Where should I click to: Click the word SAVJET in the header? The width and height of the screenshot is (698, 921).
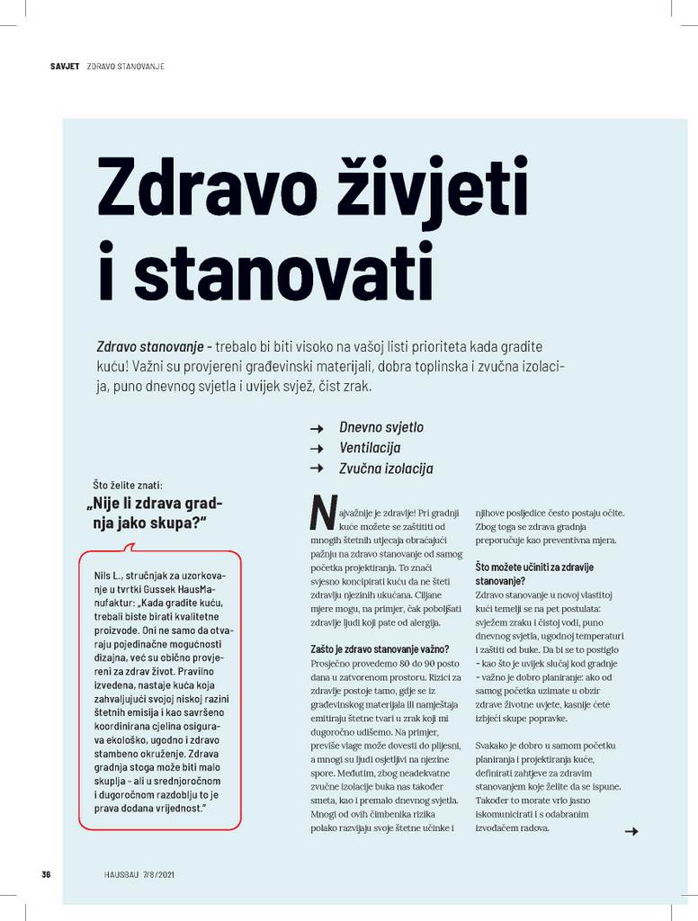click(x=66, y=67)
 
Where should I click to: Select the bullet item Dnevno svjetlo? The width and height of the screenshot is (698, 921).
click(x=380, y=426)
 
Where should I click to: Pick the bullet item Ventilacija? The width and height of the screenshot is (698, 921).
click(x=370, y=447)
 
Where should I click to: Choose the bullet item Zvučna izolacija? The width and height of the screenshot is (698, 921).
click(x=386, y=469)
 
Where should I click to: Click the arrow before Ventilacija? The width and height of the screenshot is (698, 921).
click(x=316, y=448)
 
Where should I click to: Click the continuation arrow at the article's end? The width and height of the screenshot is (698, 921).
click(x=631, y=832)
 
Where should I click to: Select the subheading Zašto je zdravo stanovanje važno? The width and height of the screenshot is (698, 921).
click(x=372, y=648)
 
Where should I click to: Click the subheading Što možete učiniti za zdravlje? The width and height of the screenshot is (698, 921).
click(x=533, y=568)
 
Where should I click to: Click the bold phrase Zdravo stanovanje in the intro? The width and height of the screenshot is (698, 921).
click(x=148, y=346)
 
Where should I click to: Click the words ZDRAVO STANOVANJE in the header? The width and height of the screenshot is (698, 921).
click(x=125, y=67)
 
